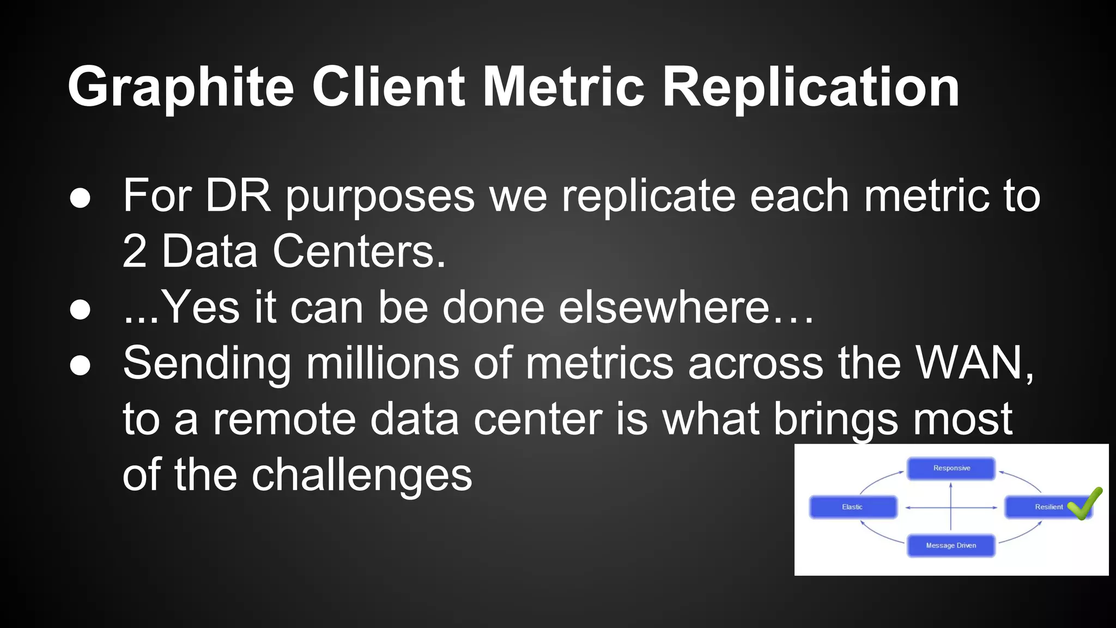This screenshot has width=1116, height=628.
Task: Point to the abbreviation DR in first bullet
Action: coord(238,196)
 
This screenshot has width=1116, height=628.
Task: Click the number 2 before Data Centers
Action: coord(135,251)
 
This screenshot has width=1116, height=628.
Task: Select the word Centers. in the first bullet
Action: coord(359,251)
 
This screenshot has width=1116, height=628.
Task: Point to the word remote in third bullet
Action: coord(283,419)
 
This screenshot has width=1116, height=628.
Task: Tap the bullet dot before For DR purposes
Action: coord(80,198)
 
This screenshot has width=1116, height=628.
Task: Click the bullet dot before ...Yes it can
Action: coord(80,310)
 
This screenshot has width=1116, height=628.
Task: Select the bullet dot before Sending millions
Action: coord(80,366)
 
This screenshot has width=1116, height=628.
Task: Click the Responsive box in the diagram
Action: coord(951,468)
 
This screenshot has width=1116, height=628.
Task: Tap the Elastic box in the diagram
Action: coord(853,507)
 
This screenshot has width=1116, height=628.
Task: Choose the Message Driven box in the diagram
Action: coord(951,545)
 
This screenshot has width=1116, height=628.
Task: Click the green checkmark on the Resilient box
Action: coord(1084,503)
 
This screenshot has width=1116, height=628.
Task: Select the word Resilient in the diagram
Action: coord(1048,507)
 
